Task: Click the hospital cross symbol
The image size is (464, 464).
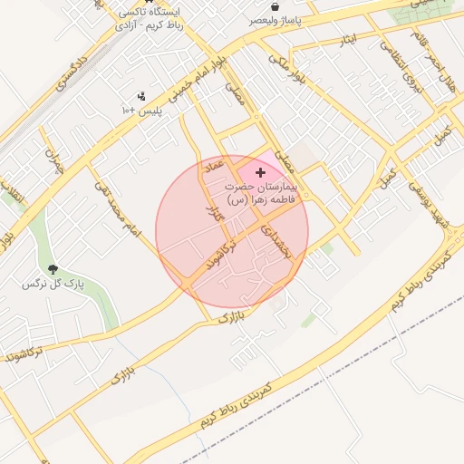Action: (x=261, y=171)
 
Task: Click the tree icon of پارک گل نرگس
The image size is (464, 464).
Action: (x=53, y=269)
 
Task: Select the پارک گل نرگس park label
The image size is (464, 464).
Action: (x=53, y=284)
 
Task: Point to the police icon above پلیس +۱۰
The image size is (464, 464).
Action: (x=140, y=96)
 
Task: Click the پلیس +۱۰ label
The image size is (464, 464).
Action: (x=140, y=110)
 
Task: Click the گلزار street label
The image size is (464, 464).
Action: (x=215, y=215)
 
